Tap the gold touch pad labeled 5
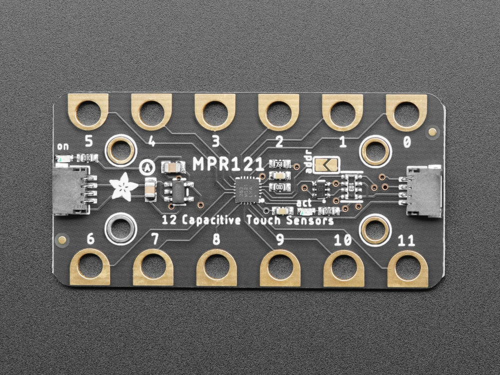(88, 111)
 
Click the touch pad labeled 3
(215, 111)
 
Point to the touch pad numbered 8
(216, 267)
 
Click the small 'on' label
(63, 146)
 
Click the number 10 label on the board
(342, 240)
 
